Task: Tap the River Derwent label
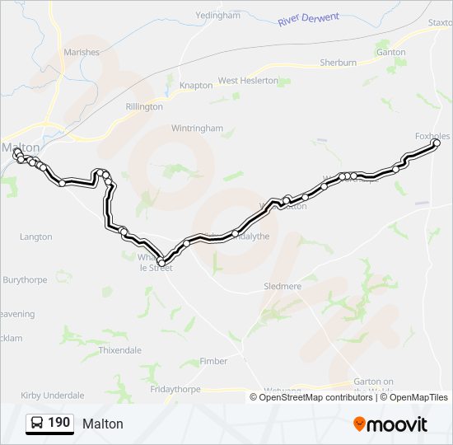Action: (x=309, y=18)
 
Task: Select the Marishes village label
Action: (x=80, y=52)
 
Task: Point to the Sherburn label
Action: (x=338, y=62)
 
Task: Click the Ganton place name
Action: (x=390, y=52)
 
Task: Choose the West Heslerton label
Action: (x=250, y=81)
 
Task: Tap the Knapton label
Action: (x=196, y=85)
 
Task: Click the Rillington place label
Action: (x=144, y=106)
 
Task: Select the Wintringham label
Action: (x=197, y=129)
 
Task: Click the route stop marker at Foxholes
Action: (x=437, y=143)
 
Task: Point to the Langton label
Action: (x=35, y=237)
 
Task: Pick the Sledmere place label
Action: (x=283, y=286)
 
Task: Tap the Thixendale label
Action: (x=119, y=350)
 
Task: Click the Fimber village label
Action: (x=214, y=361)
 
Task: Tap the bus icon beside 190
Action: (x=37, y=423)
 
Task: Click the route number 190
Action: (x=58, y=423)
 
